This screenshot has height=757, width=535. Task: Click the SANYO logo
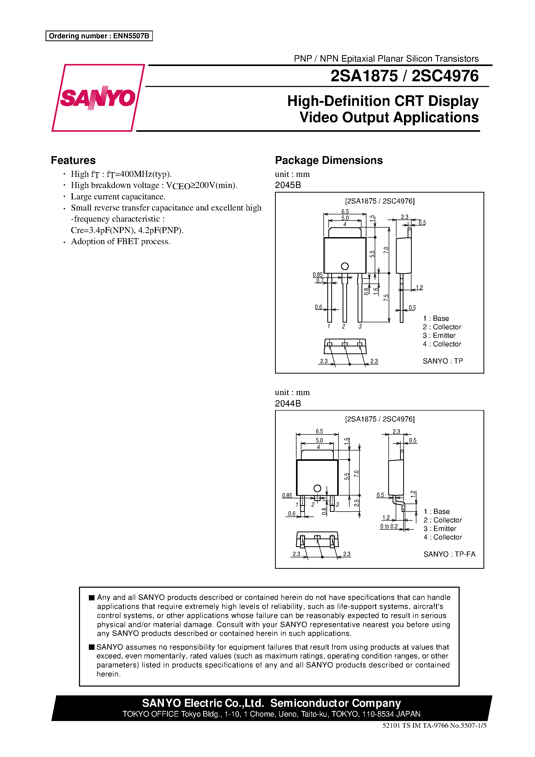(98, 98)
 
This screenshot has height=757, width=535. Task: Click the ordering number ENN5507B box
(99, 36)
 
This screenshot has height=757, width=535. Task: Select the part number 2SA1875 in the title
(364, 76)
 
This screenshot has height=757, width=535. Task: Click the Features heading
(73, 160)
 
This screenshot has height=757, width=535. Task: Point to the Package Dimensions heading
(329, 160)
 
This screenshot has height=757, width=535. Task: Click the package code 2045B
(288, 185)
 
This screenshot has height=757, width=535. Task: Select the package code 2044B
(288, 403)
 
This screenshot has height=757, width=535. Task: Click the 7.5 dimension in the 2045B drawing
(386, 298)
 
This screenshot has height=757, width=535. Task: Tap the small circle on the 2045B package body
(345, 266)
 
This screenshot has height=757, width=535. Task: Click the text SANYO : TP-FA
(449, 554)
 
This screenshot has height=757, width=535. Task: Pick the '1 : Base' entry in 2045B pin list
(436, 318)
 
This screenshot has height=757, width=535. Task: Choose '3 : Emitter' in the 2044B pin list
(440, 528)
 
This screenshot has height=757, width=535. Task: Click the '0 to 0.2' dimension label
(389, 526)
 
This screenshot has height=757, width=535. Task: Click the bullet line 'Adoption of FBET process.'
(120, 241)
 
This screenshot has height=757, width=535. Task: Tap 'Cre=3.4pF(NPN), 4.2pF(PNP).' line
(127, 230)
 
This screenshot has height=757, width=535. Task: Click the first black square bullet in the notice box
(92, 598)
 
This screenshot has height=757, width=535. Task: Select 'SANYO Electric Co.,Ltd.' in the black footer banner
(203, 703)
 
